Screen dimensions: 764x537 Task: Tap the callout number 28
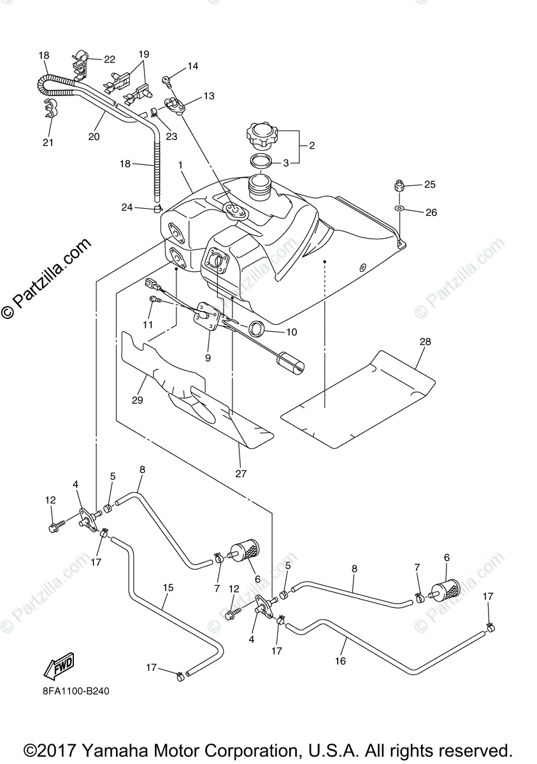[x=425, y=342]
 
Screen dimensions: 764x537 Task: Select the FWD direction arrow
[x=59, y=667]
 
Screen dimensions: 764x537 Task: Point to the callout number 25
[x=430, y=185]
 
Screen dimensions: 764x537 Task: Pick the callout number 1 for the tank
[x=182, y=165]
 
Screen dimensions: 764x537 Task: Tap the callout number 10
[x=292, y=332]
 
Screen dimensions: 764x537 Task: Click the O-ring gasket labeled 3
[x=261, y=160]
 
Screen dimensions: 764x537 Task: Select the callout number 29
[x=138, y=400]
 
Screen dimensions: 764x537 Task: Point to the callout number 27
[x=240, y=473]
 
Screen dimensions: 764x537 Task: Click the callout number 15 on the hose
[x=168, y=588]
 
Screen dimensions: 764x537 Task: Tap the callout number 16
[x=340, y=661]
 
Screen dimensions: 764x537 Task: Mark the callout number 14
[x=192, y=66]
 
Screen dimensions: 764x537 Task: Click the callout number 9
[x=208, y=358]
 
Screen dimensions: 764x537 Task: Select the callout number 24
[x=127, y=206]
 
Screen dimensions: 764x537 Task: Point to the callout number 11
[x=148, y=324]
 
